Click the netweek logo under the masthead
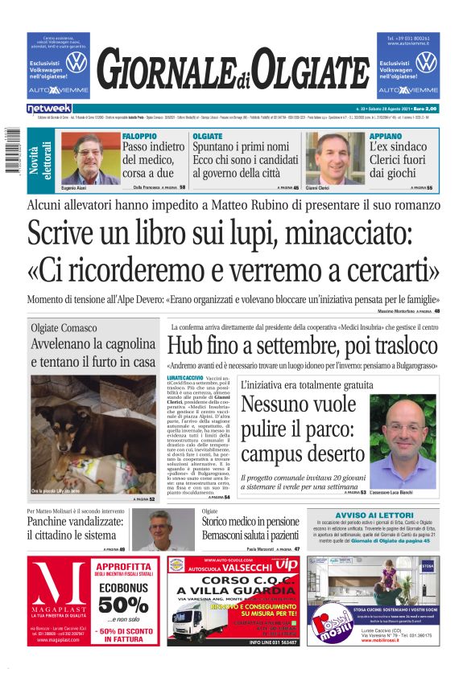pos(49,108)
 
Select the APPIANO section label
pos(385,136)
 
